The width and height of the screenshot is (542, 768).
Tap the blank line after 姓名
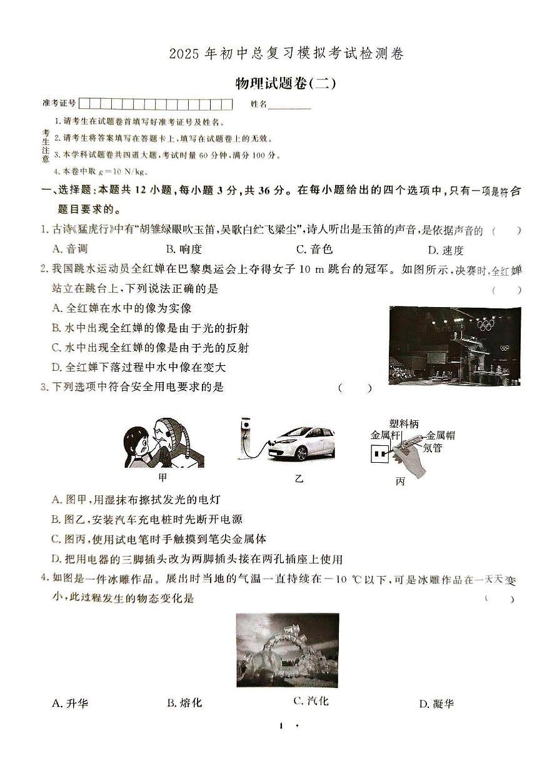289,104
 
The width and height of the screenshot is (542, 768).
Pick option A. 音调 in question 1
70,249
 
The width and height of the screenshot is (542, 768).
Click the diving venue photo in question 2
454,345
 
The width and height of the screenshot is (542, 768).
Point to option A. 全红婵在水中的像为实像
121,308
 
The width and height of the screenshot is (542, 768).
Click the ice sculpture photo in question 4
288,650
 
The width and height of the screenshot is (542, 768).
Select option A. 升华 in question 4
70,704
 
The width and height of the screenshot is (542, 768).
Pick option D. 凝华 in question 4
436,704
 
